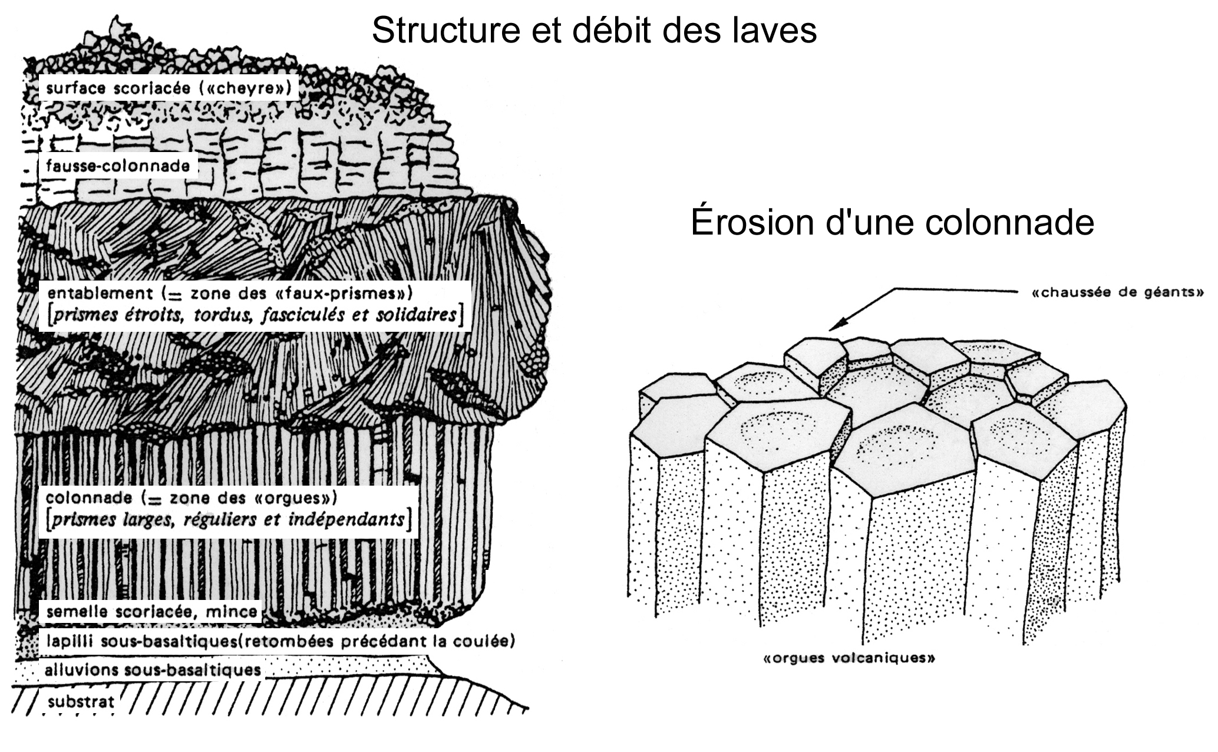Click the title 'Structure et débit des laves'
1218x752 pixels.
tap(594, 31)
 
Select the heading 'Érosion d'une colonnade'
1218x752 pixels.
tap(892, 222)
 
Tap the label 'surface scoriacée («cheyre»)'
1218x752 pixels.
tap(169, 88)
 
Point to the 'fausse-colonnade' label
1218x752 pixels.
tap(118, 166)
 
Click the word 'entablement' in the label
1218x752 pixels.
tap(100, 293)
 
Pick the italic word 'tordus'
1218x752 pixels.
tap(225, 315)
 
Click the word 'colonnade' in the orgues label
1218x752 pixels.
tap(89, 498)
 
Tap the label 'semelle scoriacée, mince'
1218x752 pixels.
tap(151, 612)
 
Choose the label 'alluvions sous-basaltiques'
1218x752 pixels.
tap(153, 669)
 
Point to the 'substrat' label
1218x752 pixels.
tap(81, 702)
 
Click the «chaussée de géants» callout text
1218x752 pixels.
tap(1117, 292)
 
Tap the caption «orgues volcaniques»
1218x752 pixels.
tap(849, 658)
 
